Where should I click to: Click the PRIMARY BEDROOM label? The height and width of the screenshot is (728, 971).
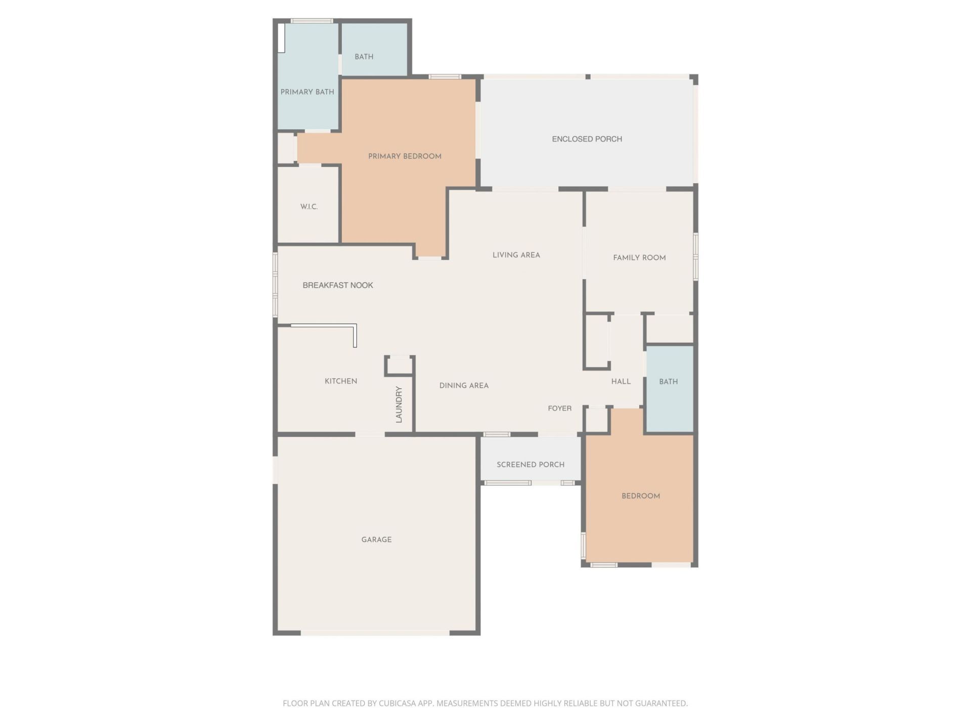405,156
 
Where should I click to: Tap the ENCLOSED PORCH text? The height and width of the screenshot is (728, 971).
587,139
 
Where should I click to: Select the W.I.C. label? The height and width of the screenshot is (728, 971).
309,207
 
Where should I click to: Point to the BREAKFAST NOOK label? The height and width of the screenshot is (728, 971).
338,285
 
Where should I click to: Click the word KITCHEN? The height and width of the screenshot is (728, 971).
341,381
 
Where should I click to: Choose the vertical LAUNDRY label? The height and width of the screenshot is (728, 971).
399,404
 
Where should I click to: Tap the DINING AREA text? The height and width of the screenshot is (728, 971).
464,386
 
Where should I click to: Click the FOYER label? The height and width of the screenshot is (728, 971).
559,408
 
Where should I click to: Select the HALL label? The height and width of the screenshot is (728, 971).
621,382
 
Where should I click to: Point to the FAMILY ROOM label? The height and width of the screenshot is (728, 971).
639,258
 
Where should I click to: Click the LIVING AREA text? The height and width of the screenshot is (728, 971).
516,255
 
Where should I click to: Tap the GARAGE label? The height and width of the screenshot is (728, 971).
376,540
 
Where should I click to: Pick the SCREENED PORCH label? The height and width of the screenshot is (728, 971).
530,465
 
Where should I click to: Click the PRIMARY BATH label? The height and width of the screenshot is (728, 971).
307,92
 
